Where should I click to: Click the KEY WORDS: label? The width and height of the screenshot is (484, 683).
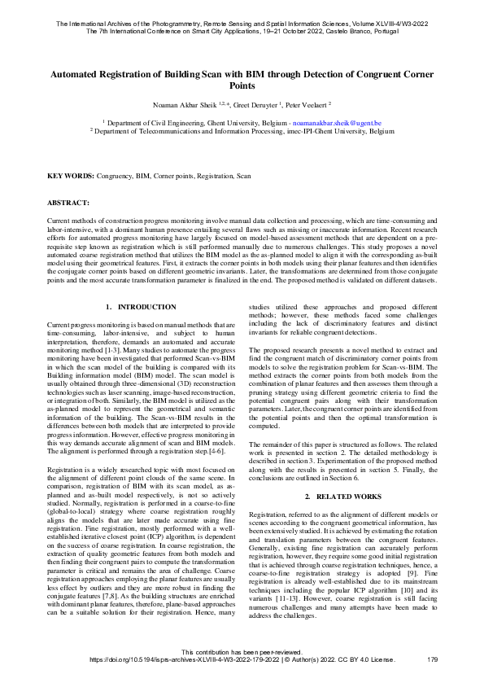click(x=71, y=175)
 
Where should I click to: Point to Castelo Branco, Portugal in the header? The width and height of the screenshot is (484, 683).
click(x=361, y=17)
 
